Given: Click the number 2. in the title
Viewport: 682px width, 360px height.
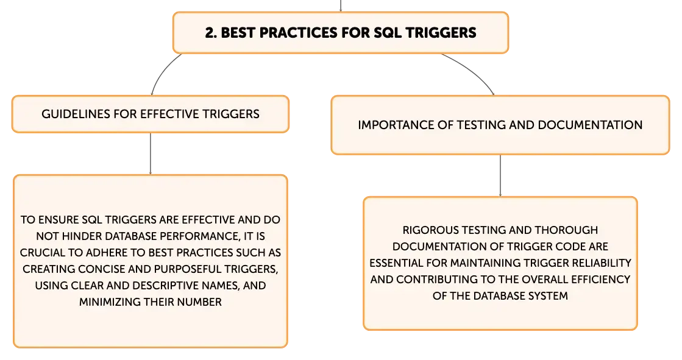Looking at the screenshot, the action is click(210, 33).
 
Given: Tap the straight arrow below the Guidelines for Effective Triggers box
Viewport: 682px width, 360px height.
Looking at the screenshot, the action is click(151, 154).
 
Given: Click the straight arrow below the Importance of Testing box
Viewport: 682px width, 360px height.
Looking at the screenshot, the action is click(500, 175).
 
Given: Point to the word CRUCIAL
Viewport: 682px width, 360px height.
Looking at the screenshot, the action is click(41, 253).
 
